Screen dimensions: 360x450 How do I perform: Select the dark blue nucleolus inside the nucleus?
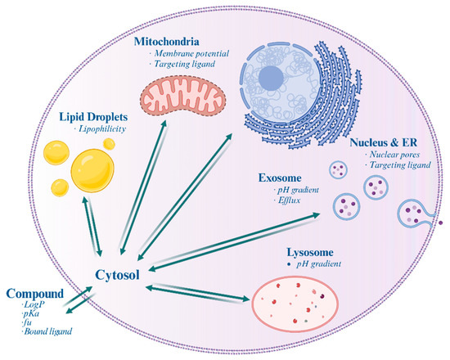[274, 83]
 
